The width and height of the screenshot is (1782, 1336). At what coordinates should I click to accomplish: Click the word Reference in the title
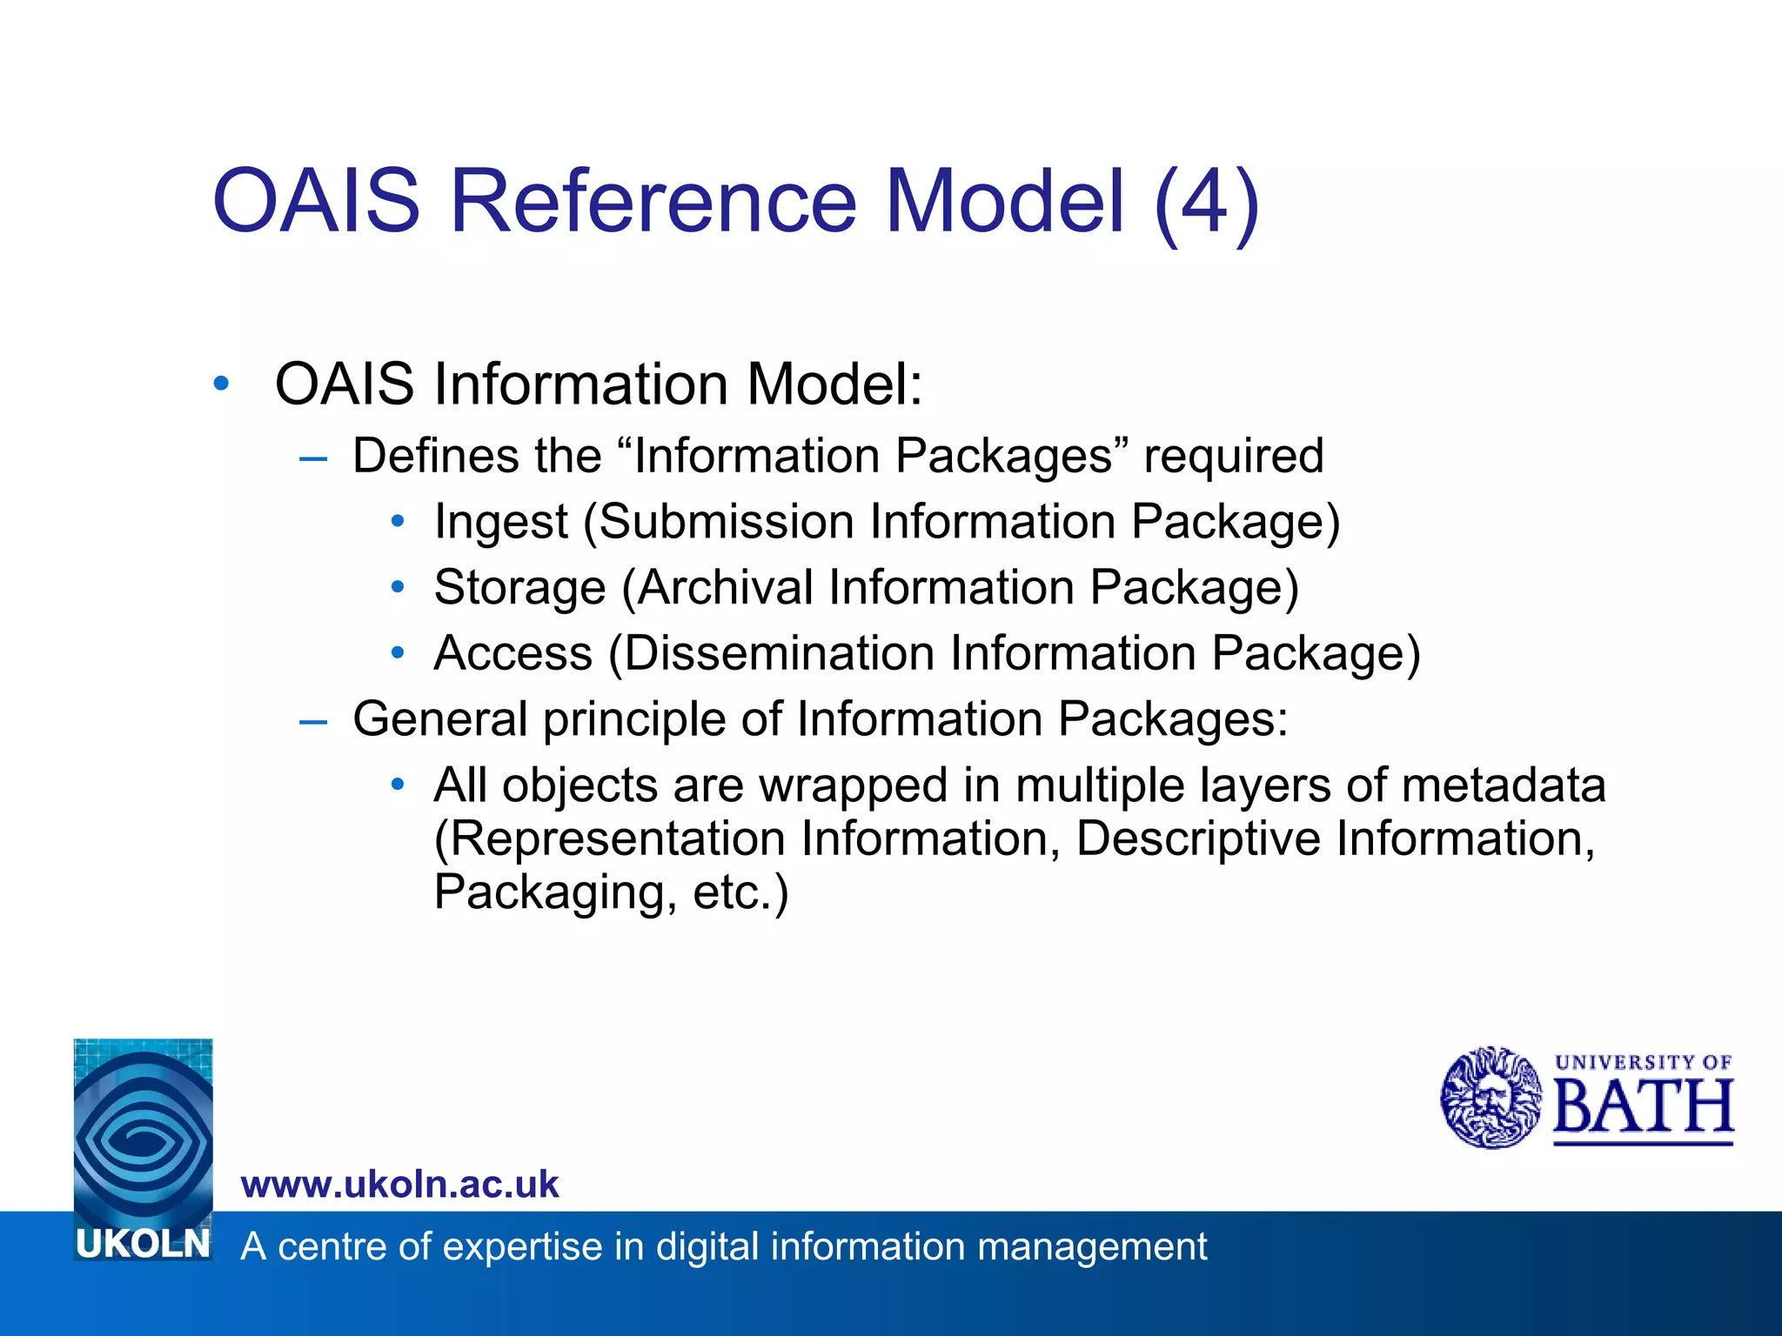[x=653, y=202]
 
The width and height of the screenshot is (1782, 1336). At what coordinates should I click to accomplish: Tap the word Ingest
[x=500, y=522]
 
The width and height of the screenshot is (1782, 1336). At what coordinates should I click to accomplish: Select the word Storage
[x=519, y=588]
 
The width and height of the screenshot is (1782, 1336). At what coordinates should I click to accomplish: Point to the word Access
[x=512, y=653]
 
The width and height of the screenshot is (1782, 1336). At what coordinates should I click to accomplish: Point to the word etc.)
[x=740, y=893]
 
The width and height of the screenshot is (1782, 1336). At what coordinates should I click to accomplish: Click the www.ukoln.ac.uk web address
[x=399, y=1185]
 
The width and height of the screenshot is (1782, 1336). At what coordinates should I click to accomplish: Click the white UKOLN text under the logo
[x=144, y=1244]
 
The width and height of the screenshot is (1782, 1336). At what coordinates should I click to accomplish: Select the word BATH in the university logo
[x=1643, y=1108]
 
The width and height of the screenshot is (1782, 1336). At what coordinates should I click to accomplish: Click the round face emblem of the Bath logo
[x=1491, y=1098]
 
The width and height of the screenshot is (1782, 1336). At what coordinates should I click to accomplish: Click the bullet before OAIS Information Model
[x=222, y=384]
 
